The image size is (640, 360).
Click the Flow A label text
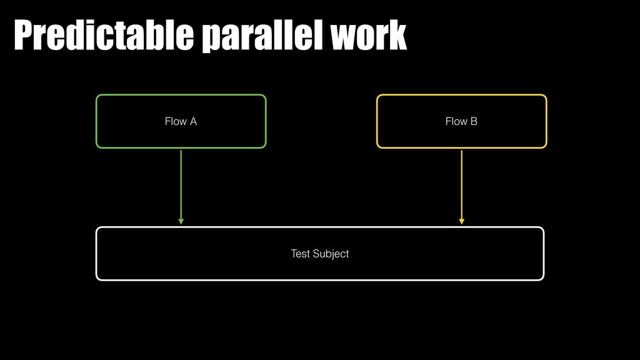click(181, 121)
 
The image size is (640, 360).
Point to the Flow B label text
click(461, 121)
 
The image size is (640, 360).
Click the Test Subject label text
click(319, 254)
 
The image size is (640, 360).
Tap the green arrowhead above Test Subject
click(181, 221)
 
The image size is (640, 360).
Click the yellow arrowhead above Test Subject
click(461, 221)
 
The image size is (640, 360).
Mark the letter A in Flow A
click(193, 121)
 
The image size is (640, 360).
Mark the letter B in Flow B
click(474, 121)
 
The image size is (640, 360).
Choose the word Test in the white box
click(300, 254)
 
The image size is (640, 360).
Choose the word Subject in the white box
click(331, 254)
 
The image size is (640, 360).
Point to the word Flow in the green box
click(175, 121)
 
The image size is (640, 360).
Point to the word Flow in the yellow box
click(456, 121)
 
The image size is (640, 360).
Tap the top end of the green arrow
click(181, 151)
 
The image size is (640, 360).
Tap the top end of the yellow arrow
click(461, 151)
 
